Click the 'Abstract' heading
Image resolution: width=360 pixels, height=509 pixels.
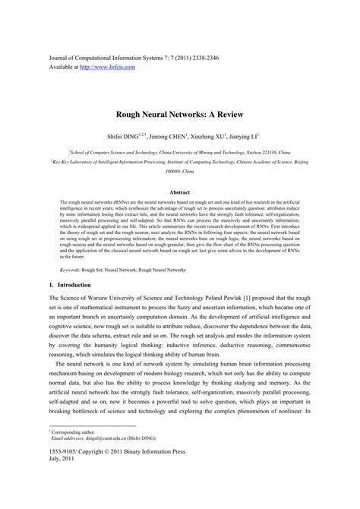(x=180, y=193)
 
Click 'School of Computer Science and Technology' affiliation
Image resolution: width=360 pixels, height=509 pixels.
(x=118, y=152)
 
